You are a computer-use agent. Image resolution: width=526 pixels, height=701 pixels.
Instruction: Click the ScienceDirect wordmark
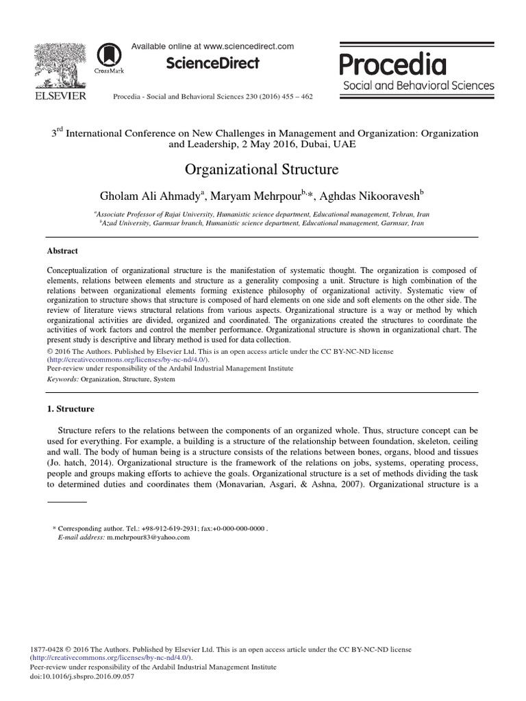coord(212,64)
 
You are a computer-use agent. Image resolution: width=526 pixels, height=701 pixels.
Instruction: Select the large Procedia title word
coord(393,64)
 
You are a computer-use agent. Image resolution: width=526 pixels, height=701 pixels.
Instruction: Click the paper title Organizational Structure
coord(262,169)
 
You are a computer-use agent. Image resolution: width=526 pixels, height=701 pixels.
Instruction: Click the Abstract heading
coord(62,251)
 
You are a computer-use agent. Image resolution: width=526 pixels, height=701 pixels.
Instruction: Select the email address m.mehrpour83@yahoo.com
coord(148,537)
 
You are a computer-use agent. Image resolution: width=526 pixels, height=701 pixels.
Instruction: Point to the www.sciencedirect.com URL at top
coord(249,47)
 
